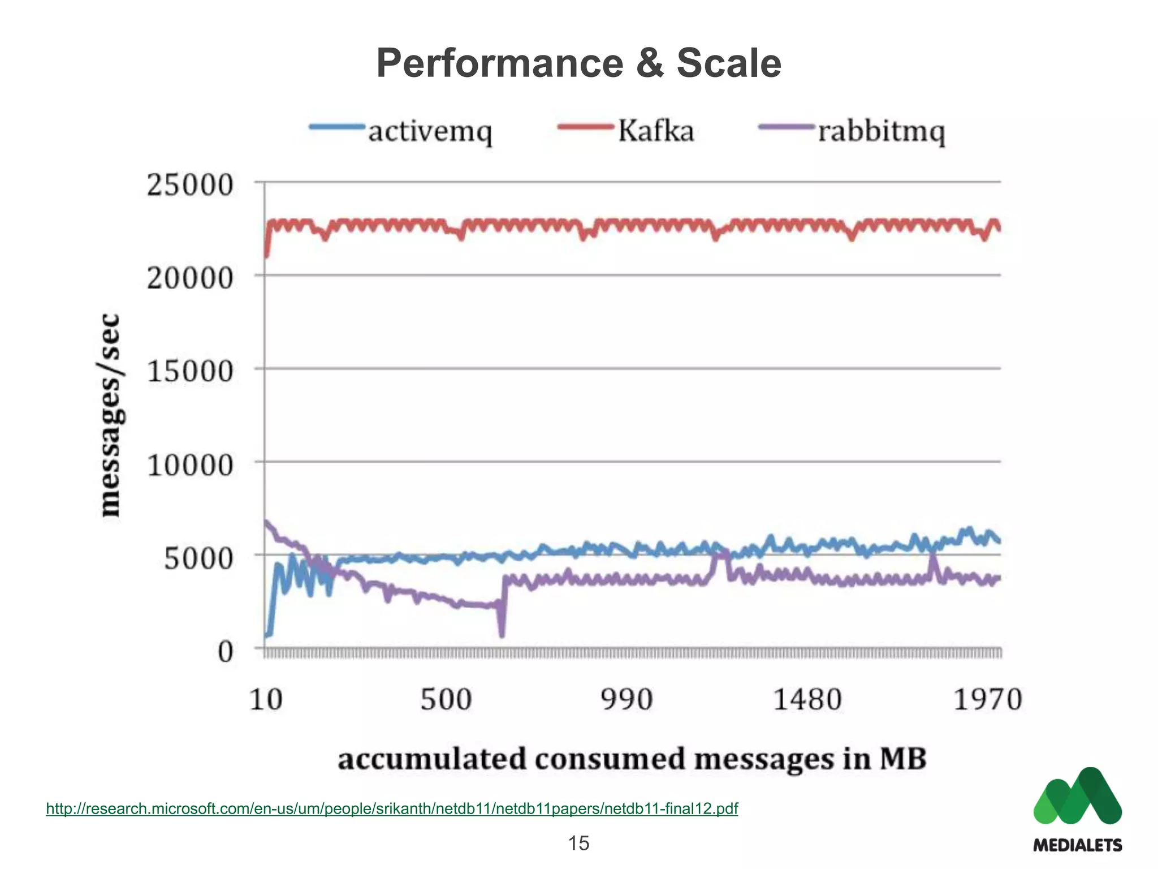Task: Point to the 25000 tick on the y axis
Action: [190, 184]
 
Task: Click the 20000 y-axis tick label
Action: [190, 278]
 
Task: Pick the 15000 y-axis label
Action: [190, 371]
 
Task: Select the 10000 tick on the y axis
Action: [190, 465]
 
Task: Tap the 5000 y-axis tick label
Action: [198, 558]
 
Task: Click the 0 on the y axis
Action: [225, 652]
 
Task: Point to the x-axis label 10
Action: [265, 699]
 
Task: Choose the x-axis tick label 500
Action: [446, 699]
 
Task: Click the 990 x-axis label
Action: [626, 699]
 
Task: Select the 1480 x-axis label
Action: [807, 699]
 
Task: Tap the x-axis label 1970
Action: [988, 699]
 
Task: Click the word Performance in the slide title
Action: [499, 63]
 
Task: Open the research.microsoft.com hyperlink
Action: [392, 808]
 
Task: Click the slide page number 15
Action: [578, 843]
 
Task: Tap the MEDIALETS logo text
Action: [1077, 845]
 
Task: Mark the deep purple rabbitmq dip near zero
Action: [502, 633]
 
